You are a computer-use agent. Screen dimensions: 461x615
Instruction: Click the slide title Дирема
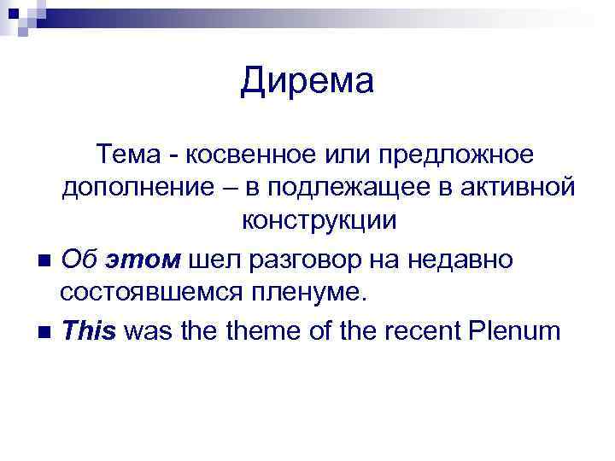point(307,82)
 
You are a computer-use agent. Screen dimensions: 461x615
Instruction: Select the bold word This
point(89,330)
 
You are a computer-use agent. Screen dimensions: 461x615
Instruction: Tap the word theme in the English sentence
point(260,330)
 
